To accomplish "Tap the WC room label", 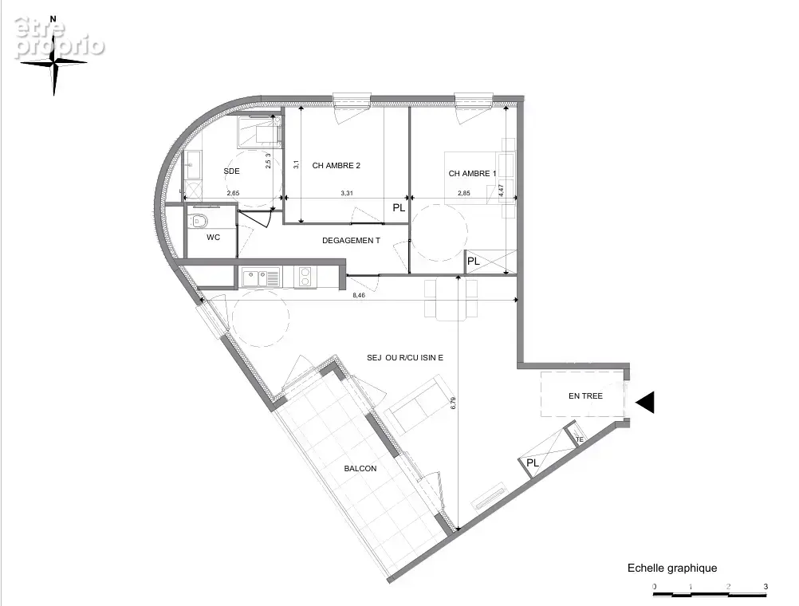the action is pos(213,238).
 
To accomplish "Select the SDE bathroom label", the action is pos(231,171).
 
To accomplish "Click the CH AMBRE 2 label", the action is pos(337,166).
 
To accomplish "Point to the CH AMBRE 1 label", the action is pos(472,174).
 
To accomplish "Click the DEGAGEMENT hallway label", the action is pos(351,241).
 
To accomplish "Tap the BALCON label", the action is pos(360,468).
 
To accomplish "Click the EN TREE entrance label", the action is pos(585,396).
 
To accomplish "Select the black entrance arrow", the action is pos(644,402).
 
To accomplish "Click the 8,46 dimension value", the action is pos(359,295).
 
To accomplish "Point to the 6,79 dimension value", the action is pos(453,403).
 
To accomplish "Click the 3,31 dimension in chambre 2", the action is pos(347,193).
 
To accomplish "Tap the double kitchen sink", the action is pos(261,278).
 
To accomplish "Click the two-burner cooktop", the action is pos(305,277).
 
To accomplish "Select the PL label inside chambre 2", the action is pos(399,208).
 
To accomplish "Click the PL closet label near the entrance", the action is pos(533,463).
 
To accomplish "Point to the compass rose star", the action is pos(54,62).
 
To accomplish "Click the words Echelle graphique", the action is pos(672,568).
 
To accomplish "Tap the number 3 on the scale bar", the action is pos(766,587).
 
